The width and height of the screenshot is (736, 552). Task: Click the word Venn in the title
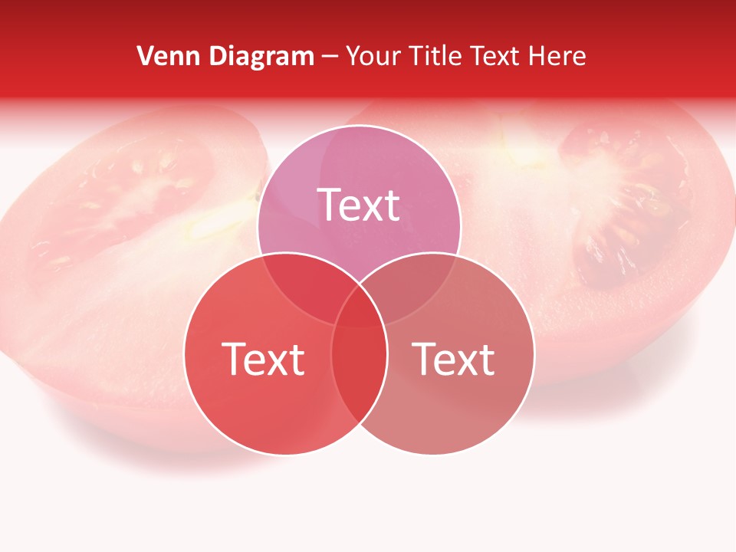coord(163,56)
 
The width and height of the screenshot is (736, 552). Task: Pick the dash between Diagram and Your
coord(330,57)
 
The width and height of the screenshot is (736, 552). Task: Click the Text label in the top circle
coord(359,205)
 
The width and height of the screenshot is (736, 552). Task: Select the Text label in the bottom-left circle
coord(263,359)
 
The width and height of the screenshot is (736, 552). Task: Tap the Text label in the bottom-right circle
coord(454,359)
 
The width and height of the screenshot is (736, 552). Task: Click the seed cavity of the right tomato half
coord(613,199)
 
